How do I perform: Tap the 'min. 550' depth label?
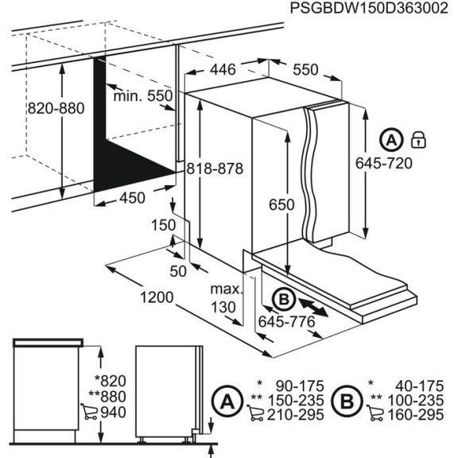143,96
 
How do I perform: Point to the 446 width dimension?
223,70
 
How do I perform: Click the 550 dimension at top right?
305,70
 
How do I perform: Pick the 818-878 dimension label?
214,169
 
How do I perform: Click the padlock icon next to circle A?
418,142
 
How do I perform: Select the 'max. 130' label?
226,297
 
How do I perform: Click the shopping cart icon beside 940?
89,411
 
